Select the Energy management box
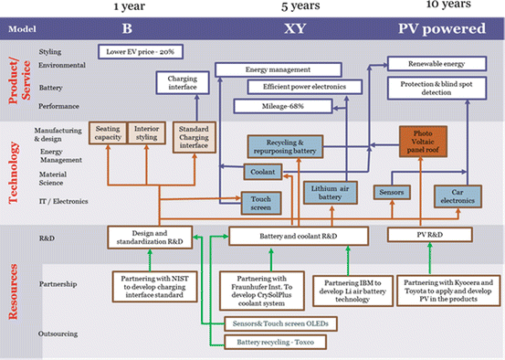coord(273,69)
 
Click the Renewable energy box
coord(437,64)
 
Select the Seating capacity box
coord(108,134)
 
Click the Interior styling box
coord(147,134)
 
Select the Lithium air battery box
coord(327,192)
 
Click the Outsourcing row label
coord(61,335)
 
